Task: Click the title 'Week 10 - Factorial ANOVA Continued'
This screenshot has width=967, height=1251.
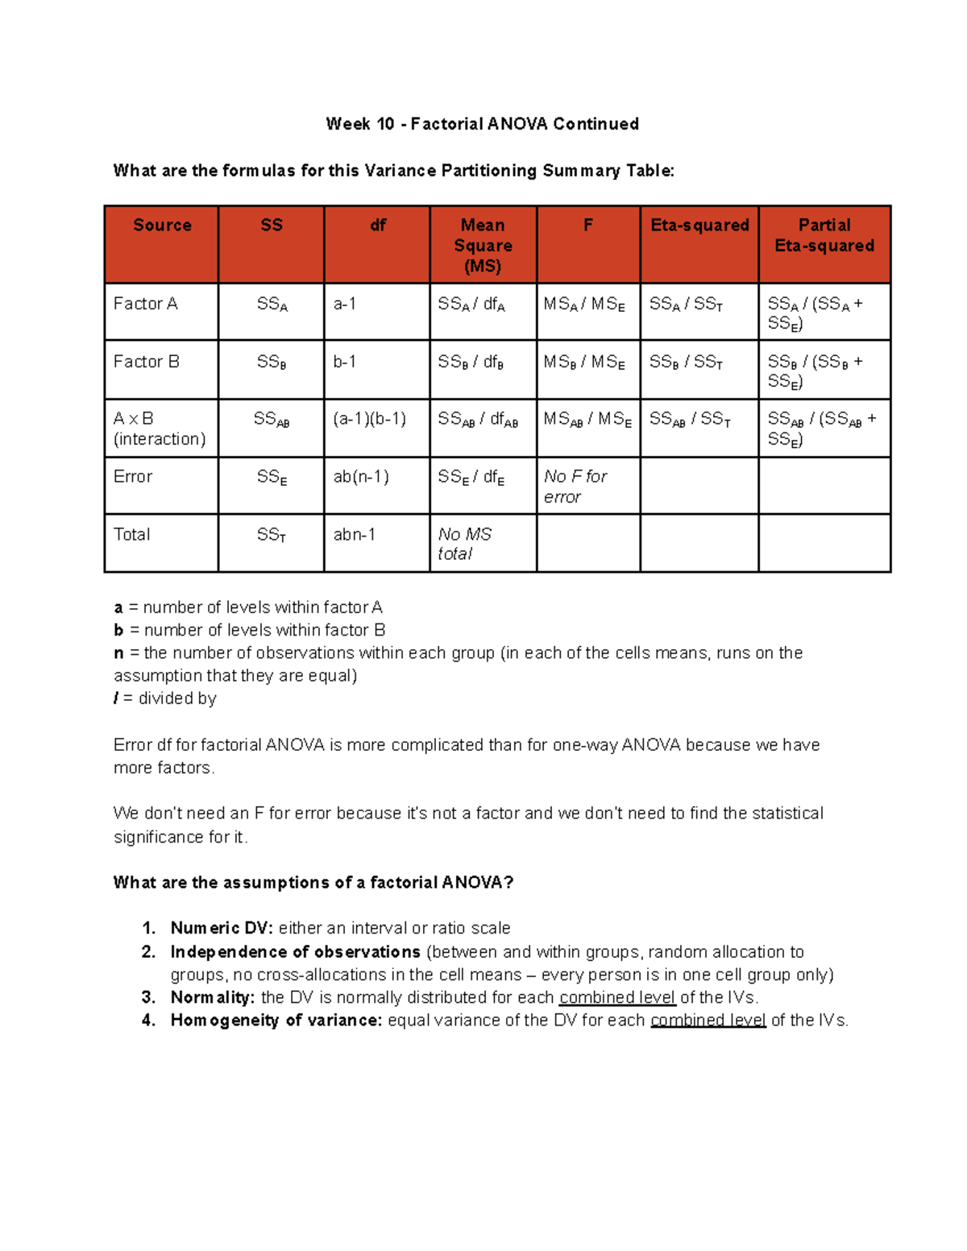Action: (x=482, y=124)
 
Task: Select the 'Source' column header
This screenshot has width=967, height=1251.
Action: (x=162, y=226)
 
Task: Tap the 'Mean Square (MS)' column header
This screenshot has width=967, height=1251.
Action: (x=483, y=246)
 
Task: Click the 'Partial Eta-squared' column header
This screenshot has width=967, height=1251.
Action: (x=824, y=235)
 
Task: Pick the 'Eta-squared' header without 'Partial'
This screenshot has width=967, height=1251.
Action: (x=699, y=226)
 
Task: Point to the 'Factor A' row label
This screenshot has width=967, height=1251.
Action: (x=146, y=304)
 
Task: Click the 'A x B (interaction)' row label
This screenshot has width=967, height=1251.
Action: (x=159, y=429)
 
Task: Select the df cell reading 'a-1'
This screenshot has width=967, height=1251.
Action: (x=345, y=304)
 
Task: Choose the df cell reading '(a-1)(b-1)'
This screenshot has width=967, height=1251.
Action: (x=370, y=419)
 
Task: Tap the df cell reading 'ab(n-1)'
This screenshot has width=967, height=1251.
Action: (x=361, y=477)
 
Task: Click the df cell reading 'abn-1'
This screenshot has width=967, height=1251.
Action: (x=355, y=535)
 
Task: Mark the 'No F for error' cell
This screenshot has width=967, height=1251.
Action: (x=575, y=487)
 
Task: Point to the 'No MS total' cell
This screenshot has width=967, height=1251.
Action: (x=464, y=544)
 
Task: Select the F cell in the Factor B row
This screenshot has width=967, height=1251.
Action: (x=584, y=362)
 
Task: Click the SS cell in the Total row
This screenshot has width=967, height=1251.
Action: (x=272, y=535)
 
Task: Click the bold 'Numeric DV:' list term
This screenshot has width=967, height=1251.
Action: (x=222, y=928)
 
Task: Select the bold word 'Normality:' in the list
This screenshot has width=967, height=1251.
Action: (x=213, y=997)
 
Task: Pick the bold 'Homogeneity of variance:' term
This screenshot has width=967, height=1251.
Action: (x=276, y=1021)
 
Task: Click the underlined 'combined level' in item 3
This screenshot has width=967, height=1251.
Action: (x=617, y=997)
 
